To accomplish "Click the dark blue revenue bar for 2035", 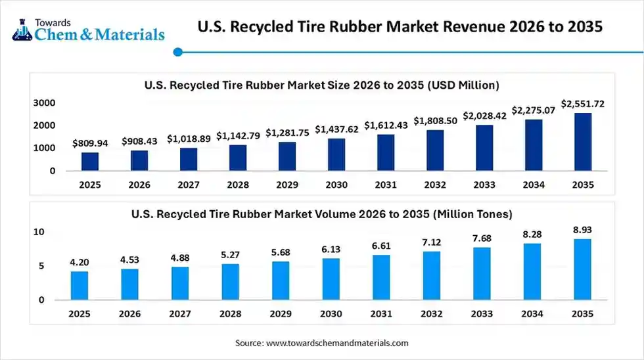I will [x=582, y=142].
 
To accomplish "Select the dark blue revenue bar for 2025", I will [x=90, y=162].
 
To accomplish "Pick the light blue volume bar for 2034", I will [x=532, y=271].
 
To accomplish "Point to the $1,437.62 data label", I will [x=336, y=129].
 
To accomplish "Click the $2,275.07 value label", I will [x=533, y=110].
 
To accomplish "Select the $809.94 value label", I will [x=90, y=143].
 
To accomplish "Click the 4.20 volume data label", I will [x=80, y=262].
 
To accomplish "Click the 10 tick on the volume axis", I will [x=39, y=232].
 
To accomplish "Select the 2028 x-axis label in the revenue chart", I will [x=238, y=185].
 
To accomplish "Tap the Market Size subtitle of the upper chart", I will [x=322, y=85].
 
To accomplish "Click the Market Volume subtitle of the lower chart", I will [x=322, y=214].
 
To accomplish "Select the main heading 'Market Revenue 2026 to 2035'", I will [x=400, y=27].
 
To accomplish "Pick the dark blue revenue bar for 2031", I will [x=386, y=152].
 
